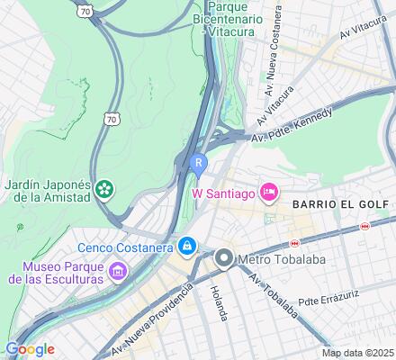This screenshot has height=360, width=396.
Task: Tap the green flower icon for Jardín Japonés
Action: tap(105, 189)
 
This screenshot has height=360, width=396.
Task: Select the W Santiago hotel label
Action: tap(221, 192)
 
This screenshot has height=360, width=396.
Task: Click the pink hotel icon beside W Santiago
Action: tap(267, 192)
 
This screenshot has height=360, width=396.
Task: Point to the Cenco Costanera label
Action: tap(125, 245)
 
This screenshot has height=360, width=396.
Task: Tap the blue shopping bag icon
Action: tap(186, 245)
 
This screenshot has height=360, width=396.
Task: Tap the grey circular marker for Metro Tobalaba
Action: tap(223, 259)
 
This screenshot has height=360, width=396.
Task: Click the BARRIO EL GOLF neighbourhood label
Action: tap(340, 204)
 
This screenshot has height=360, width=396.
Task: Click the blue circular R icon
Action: tap(197, 163)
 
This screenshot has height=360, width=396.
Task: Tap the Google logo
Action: tap(29, 349)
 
